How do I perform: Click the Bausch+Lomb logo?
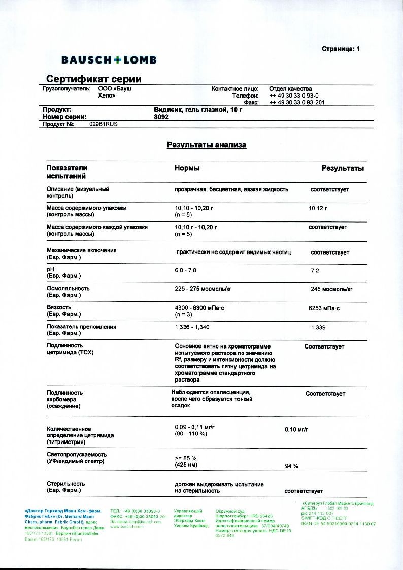point(109,60)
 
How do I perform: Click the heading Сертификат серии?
point(94,79)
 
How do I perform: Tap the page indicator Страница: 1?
point(341,49)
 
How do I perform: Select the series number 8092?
point(161,117)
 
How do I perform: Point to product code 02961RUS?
point(103,124)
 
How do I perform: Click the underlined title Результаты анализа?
point(207,145)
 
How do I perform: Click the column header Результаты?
point(343,168)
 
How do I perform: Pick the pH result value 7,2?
point(315,271)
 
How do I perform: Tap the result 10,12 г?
point(318,208)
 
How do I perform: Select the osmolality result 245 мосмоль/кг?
point(331,289)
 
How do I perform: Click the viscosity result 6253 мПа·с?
point(324,308)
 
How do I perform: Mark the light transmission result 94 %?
point(292,466)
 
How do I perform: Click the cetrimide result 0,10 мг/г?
point(296,430)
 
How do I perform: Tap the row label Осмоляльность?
point(66,288)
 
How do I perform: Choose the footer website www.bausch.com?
point(127,527)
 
